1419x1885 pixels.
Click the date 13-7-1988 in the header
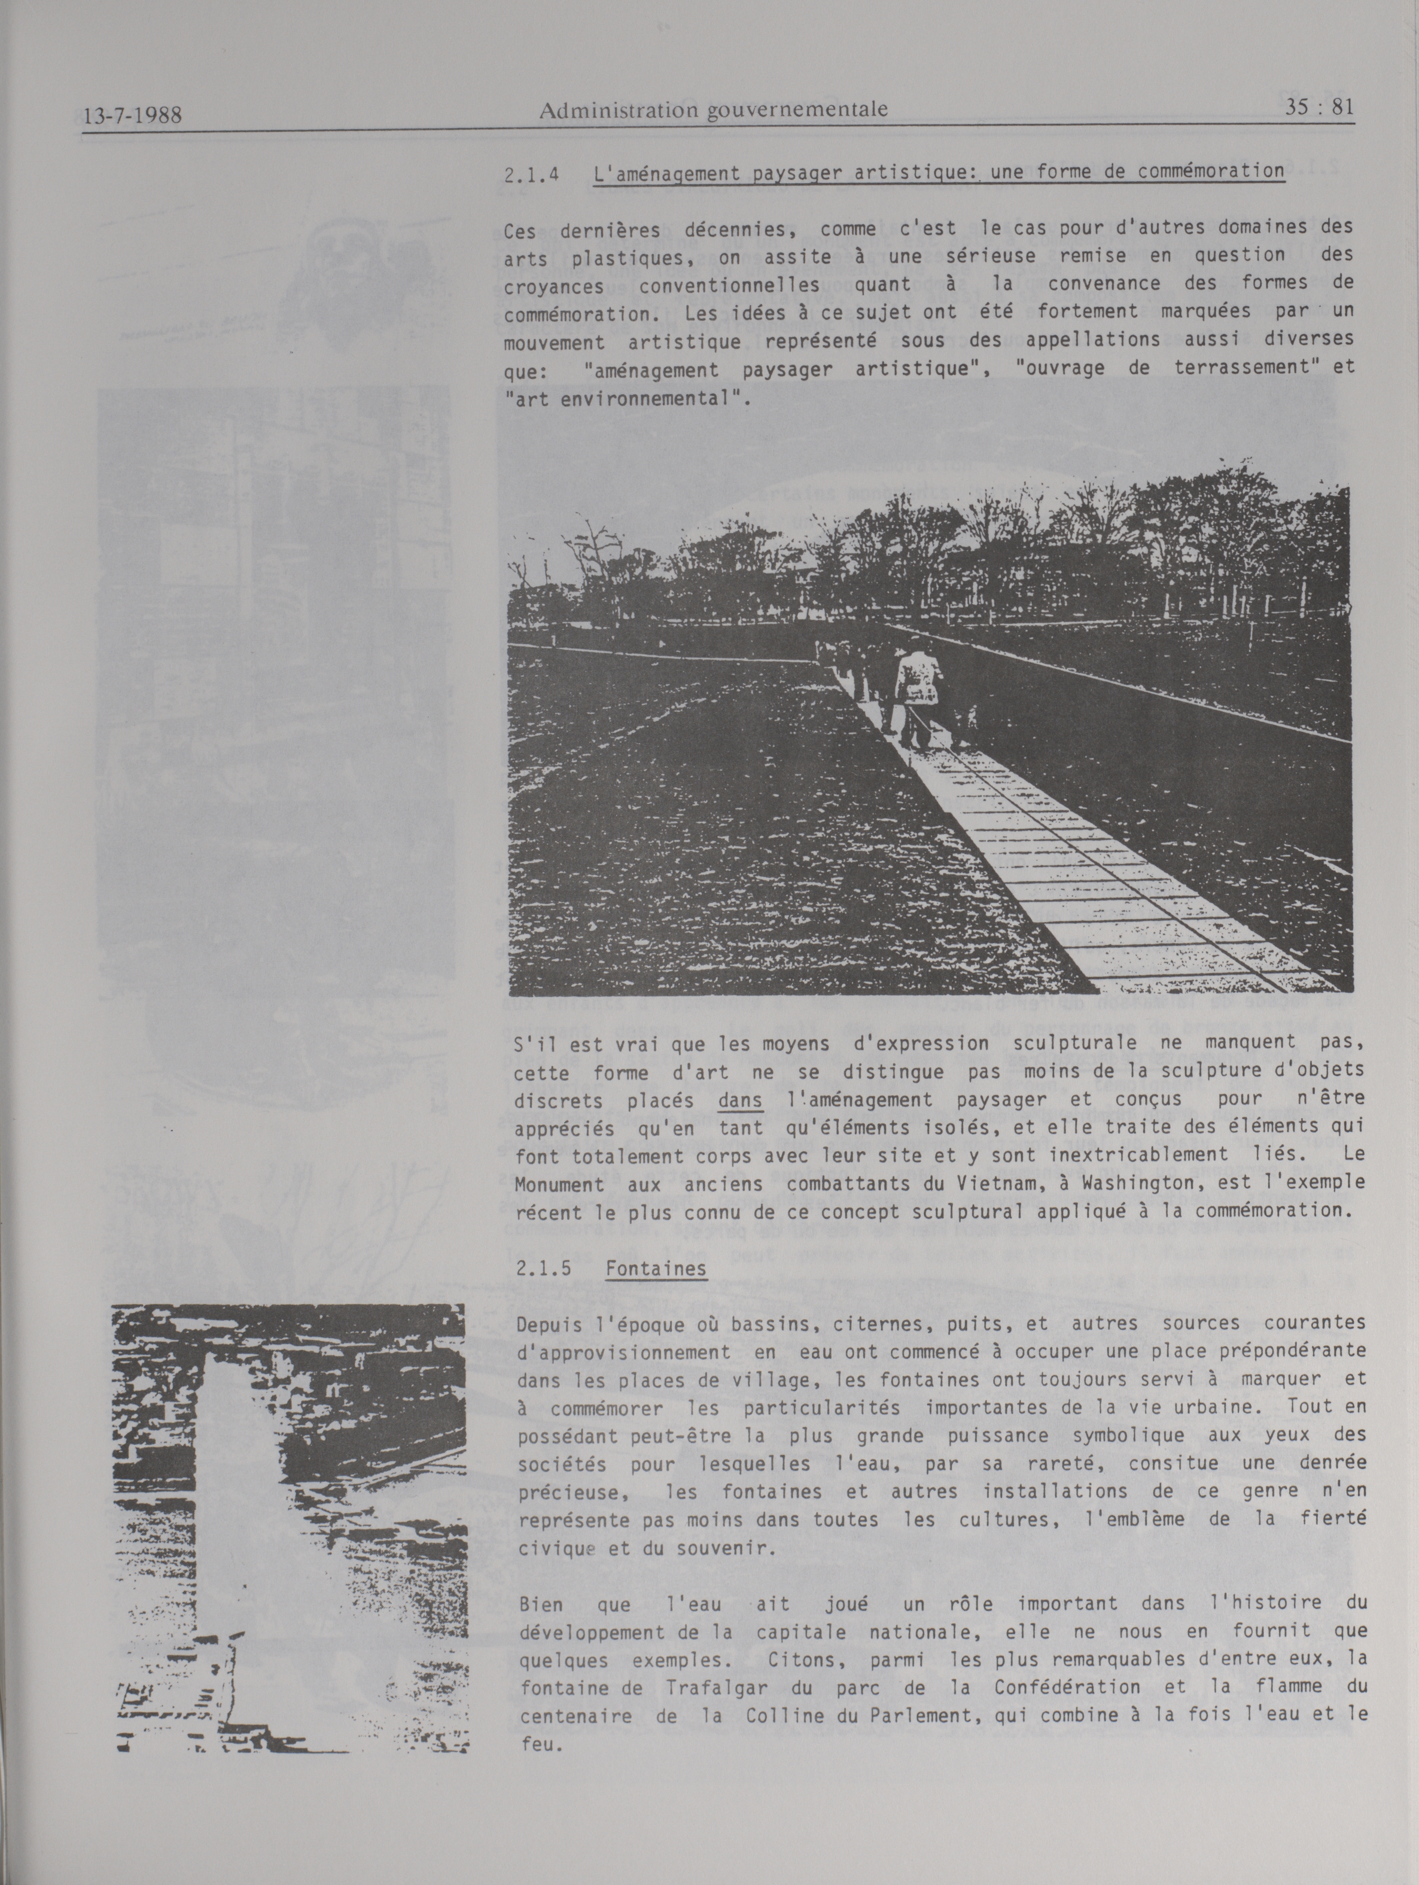135,114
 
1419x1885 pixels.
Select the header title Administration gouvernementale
713,109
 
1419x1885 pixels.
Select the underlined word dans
740,1099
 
